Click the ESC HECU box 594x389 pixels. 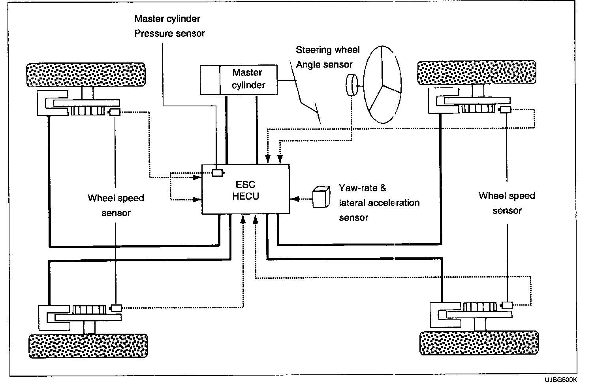point(246,190)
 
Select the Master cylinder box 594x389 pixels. point(239,80)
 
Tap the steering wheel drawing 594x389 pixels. point(382,83)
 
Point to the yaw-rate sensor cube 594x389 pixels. point(321,196)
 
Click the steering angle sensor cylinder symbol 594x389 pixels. point(351,85)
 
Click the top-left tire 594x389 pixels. point(85,74)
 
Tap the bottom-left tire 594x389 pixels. point(88,346)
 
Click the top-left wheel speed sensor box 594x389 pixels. point(115,112)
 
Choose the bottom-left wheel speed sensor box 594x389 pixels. point(117,308)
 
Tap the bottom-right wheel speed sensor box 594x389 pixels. point(507,305)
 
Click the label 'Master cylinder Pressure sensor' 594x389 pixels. point(169,26)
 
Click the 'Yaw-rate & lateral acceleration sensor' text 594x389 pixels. point(378,202)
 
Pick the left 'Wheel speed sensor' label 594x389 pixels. point(116,205)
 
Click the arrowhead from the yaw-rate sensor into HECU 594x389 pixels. point(294,199)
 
